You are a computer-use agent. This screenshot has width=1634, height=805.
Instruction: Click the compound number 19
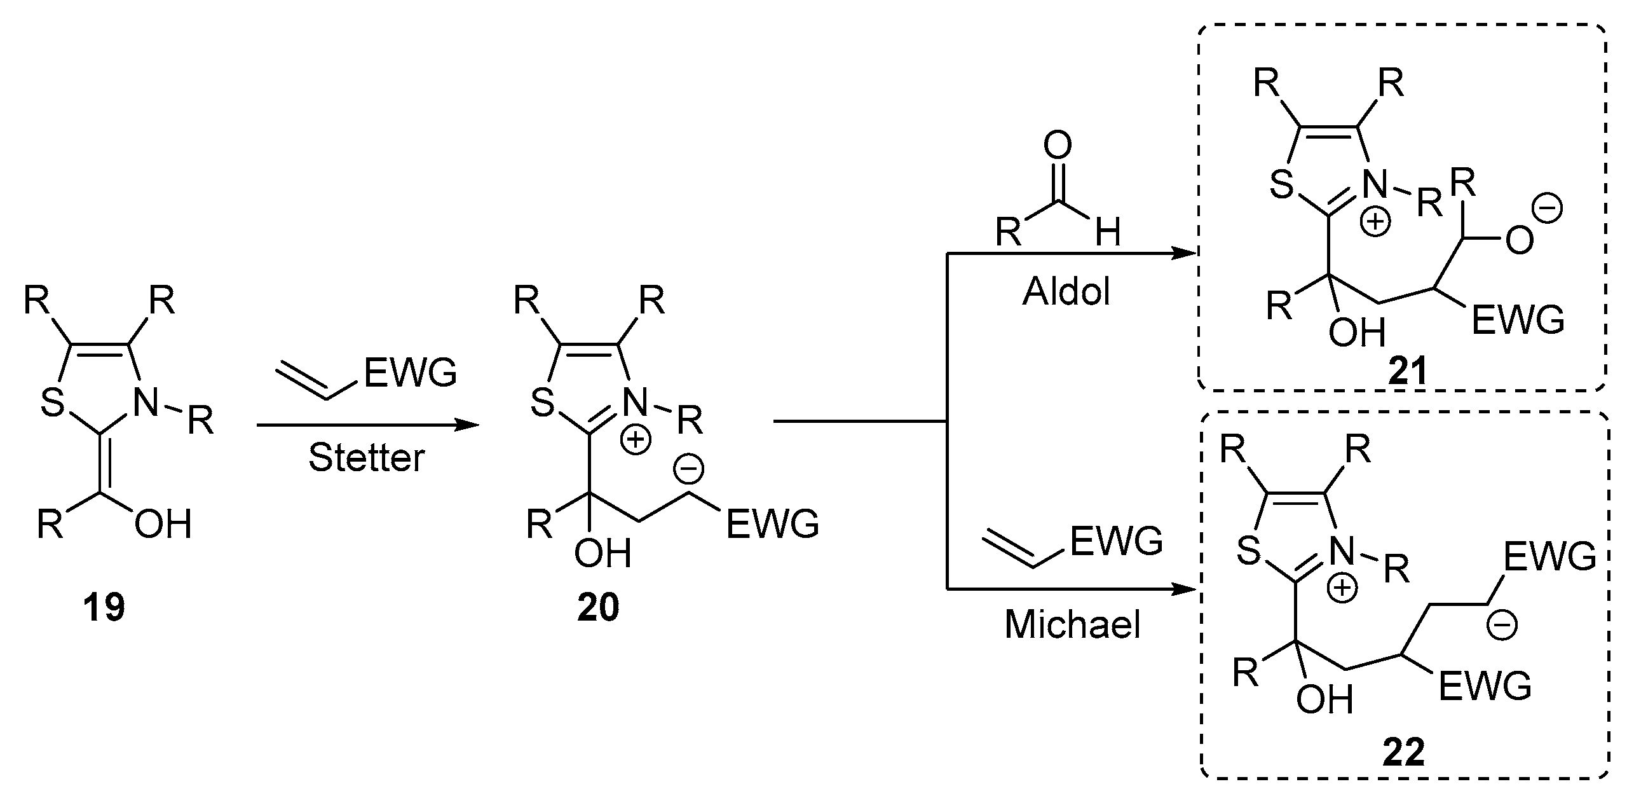click(104, 609)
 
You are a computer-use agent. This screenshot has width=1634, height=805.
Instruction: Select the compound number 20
click(598, 609)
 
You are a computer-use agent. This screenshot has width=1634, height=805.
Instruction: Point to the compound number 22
click(1404, 754)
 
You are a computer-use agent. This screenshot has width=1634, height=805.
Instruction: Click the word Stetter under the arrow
click(366, 458)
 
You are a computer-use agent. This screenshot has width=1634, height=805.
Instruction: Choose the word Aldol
click(1066, 292)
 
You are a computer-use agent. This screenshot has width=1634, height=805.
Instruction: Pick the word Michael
click(1073, 624)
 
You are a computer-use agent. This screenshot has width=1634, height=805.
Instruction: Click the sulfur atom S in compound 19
click(53, 402)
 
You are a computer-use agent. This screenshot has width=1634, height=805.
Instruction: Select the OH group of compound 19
click(163, 525)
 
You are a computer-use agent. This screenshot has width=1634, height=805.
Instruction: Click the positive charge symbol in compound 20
click(636, 441)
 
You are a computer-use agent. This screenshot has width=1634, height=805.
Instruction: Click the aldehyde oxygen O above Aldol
click(1057, 146)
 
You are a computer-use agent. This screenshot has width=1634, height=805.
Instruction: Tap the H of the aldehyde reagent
click(1108, 233)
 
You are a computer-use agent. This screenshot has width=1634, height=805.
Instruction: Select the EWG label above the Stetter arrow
click(411, 373)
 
